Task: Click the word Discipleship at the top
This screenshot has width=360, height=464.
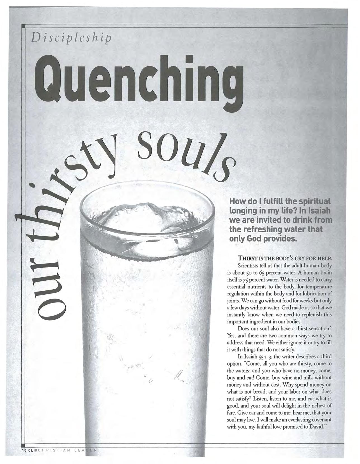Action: tap(71, 37)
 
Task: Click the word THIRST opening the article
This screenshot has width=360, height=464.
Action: tap(247, 258)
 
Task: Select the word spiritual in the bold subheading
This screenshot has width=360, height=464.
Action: tap(314, 201)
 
